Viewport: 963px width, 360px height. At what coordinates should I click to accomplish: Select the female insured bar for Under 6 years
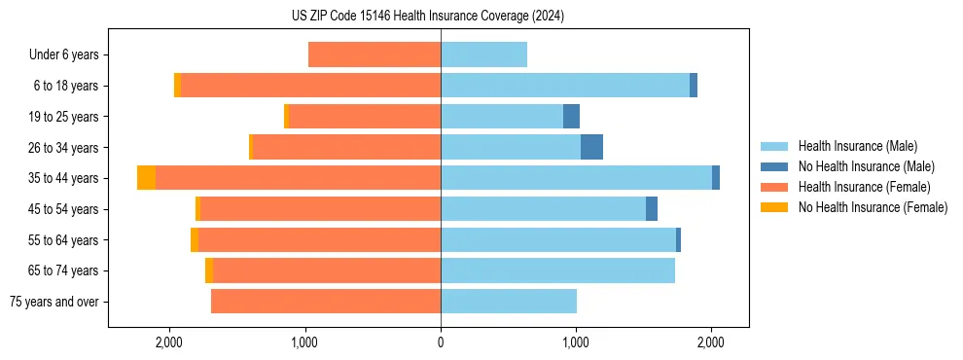pos(374,54)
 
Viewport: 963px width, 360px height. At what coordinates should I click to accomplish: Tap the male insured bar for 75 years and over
pos(509,302)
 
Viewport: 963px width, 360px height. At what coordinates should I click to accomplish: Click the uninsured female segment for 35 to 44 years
pos(146,178)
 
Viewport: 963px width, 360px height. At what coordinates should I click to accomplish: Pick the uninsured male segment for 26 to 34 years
pos(591,147)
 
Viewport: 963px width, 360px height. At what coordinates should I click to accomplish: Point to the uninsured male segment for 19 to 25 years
pos(572,117)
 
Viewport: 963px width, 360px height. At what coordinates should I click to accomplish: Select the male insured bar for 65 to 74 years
pos(557,270)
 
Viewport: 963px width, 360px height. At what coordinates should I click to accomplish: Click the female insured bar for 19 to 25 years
pos(365,117)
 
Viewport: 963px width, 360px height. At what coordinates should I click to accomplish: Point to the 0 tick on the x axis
pos(441,342)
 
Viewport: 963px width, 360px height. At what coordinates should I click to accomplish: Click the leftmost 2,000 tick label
pos(169,342)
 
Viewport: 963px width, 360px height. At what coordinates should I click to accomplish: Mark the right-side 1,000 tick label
pos(576,342)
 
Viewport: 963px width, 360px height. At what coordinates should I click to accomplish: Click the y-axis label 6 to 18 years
pos(65,86)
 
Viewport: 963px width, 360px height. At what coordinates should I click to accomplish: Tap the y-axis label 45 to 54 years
pos(63,209)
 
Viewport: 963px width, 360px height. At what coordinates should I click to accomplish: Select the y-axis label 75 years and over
pos(53,302)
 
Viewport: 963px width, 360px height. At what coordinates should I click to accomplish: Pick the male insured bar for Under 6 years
pos(483,54)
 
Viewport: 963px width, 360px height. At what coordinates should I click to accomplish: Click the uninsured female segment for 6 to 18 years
pos(177,86)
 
